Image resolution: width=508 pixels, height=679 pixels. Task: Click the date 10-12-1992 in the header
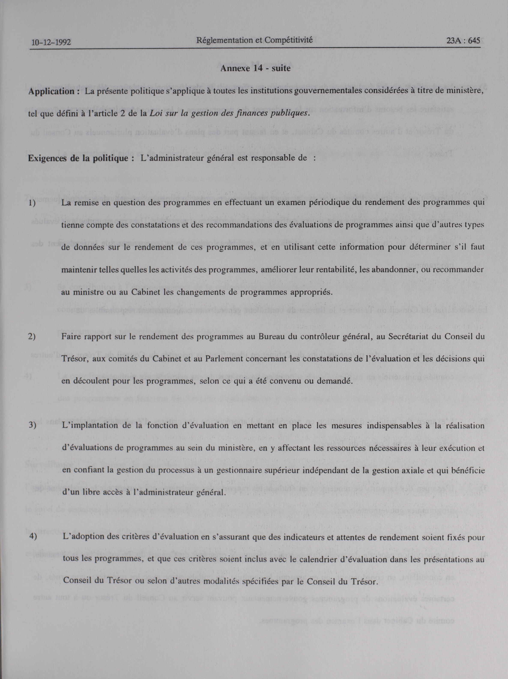click(x=51, y=42)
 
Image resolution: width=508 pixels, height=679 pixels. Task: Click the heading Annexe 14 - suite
click(x=255, y=68)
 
